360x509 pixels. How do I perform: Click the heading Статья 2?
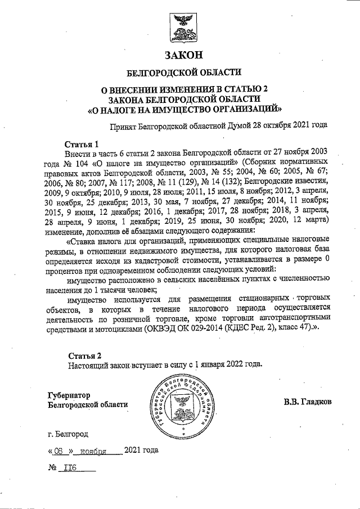point(85,355)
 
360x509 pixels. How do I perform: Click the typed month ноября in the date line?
point(93,451)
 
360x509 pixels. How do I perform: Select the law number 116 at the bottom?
point(71,467)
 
